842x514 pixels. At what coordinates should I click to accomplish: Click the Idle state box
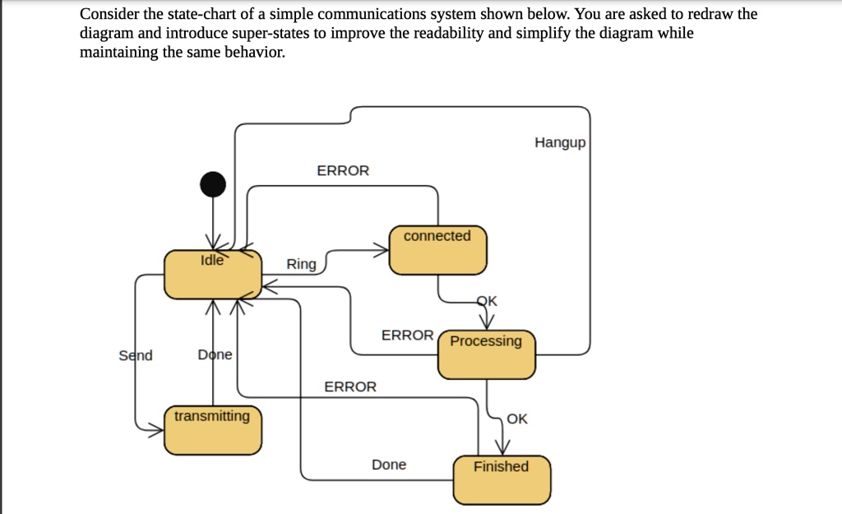click(x=213, y=275)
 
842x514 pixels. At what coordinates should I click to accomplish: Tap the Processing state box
click(x=486, y=354)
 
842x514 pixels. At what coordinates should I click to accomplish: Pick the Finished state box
click(x=502, y=479)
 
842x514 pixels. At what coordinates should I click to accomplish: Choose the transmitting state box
click(x=213, y=429)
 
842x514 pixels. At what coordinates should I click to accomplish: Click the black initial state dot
click(x=213, y=184)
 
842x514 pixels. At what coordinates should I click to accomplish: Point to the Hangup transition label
click(x=560, y=143)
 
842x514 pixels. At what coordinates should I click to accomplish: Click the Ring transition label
click(x=301, y=264)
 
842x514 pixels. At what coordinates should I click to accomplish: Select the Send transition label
click(x=136, y=355)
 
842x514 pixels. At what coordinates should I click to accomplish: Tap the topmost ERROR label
click(x=343, y=170)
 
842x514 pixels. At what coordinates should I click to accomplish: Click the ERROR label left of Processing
click(x=407, y=335)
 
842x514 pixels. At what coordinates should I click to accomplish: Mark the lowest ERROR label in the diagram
click(x=350, y=387)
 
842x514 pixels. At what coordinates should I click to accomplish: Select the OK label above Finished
click(x=517, y=419)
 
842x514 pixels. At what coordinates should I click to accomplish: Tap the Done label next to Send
click(x=215, y=355)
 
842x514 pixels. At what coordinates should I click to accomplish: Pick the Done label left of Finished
click(x=389, y=465)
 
